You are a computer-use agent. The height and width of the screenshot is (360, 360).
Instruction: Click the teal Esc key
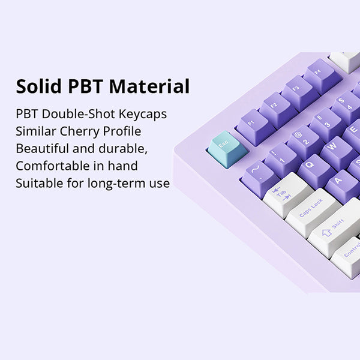click(227, 148)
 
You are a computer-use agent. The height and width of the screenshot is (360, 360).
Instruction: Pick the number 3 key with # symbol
click(326, 125)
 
